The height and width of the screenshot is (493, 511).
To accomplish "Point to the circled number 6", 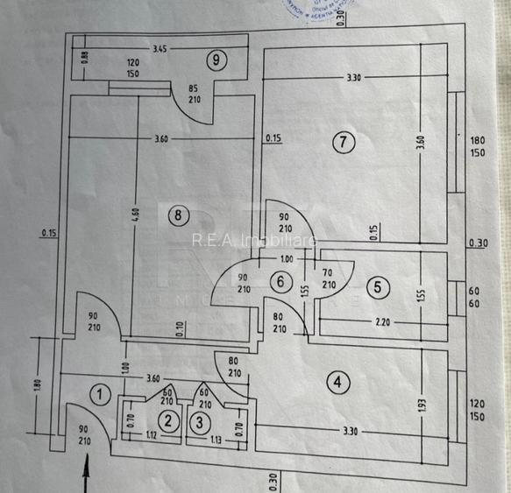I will tap(280, 282).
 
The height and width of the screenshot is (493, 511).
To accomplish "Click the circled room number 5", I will tap(378, 285).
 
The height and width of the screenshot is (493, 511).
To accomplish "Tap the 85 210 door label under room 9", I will tap(195, 93).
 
